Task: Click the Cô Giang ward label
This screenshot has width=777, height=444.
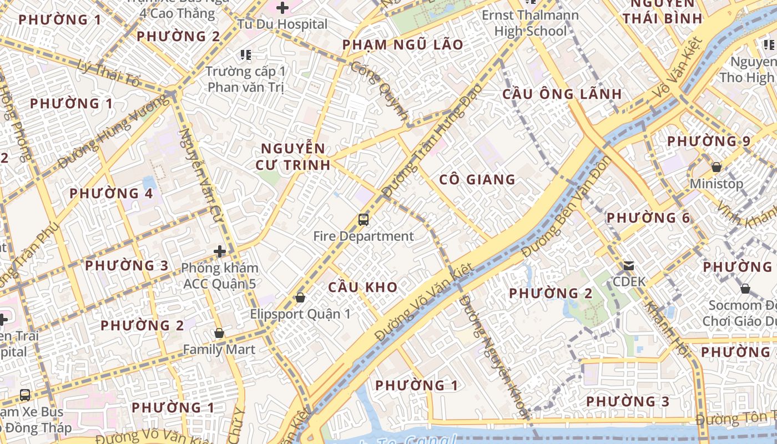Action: pos(477,180)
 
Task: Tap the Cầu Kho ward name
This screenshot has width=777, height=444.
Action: pos(362,287)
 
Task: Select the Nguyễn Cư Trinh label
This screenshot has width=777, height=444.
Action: pos(293,157)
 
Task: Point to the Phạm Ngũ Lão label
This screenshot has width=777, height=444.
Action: pos(402,45)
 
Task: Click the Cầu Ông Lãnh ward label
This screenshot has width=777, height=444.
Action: pos(562,94)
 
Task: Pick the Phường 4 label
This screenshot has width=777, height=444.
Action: pos(111,194)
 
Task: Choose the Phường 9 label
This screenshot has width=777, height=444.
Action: pos(709,141)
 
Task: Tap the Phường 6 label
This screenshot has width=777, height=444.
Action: pos(648,218)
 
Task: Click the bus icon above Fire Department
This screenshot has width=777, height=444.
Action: pos(364,220)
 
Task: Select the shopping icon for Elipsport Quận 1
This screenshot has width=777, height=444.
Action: pos(300,298)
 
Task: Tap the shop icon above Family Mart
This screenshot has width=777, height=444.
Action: pos(219,334)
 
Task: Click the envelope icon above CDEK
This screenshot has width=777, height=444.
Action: pos(629,266)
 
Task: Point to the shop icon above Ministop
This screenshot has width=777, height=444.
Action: pos(717,167)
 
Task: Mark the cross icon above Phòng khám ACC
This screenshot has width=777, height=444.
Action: pos(220,252)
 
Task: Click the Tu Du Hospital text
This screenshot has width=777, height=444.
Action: pos(282,24)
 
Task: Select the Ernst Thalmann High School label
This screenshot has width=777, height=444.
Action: pos(530,23)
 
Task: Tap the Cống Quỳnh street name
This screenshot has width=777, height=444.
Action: pos(380,92)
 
